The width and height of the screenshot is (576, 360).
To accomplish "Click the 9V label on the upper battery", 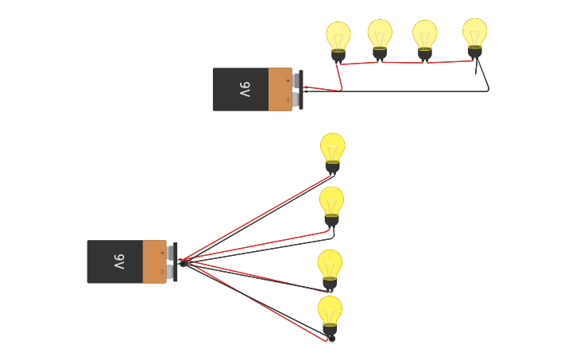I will pyautogui.click(x=245, y=90).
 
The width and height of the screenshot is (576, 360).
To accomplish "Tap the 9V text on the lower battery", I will pyautogui.click(x=119, y=261).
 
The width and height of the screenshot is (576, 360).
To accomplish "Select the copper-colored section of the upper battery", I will pyautogui.click(x=280, y=89).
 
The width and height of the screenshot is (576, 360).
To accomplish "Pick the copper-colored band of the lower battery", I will pyautogui.click(x=154, y=261).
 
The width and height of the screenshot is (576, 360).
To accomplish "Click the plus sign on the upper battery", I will pyautogui.click(x=288, y=80).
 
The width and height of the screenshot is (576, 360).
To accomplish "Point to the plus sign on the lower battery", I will pyautogui.click(x=162, y=253).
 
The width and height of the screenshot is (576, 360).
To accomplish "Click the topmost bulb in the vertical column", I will pyautogui.click(x=333, y=148).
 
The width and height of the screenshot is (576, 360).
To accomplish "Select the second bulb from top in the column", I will pyautogui.click(x=331, y=202).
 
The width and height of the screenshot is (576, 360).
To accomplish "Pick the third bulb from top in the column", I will pyautogui.click(x=330, y=265).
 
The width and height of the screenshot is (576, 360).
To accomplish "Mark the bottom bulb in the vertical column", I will pyautogui.click(x=330, y=311).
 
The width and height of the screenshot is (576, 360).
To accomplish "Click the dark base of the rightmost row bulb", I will pyautogui.click(x=475, y=52).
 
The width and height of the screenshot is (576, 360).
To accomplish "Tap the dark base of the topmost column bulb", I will pyautogui.click(x=333, y=167).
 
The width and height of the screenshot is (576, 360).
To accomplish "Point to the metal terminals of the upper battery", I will pyautogui.click(x=297, y=89).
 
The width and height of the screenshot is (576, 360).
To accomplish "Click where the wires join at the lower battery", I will pyautogui.click(x=182, y=261).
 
